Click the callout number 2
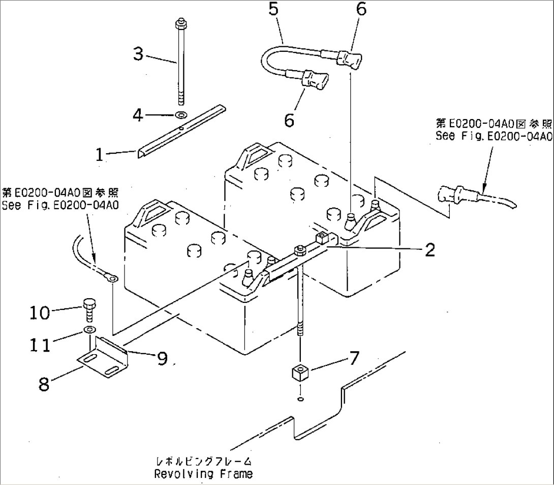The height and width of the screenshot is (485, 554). (430, 250)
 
